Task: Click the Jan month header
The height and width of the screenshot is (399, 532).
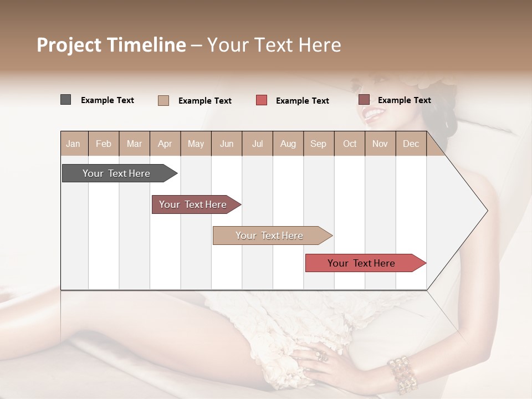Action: [x=73, y=144]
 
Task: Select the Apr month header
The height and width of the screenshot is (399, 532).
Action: [x=165, y=144]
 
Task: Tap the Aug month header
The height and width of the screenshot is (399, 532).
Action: [x=288, y=144]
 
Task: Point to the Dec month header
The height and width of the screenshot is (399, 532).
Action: [x=411, y=144]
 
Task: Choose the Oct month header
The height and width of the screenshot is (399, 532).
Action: [x=350, y=144]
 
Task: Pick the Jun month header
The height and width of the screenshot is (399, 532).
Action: [x=227, y=144]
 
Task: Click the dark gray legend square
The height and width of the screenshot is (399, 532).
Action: [x=66, y=100]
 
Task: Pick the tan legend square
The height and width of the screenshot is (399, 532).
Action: [x=163, y=100]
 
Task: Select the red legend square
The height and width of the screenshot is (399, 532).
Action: [x=262, y=100]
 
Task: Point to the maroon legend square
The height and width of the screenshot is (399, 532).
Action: [x=364, y=100]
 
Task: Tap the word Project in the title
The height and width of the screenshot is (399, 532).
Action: [x=69, y=45]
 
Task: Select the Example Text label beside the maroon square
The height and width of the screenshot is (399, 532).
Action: [x=404, y=100]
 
